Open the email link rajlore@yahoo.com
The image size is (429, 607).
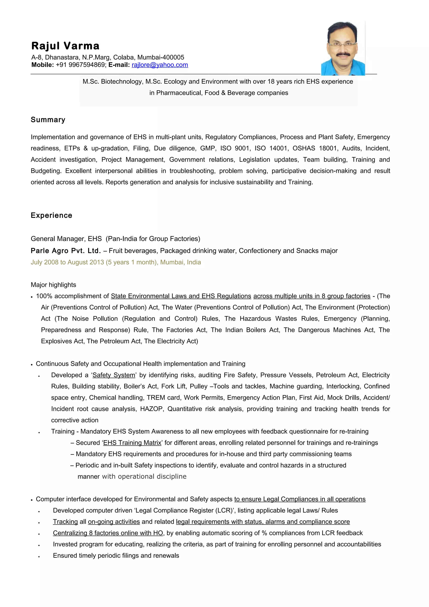click(x=160, y=65)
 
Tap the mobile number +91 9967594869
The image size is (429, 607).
click(x=80, y=65)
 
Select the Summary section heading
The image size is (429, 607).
click(x=48, y=120)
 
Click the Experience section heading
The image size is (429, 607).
click(x=51, y=216)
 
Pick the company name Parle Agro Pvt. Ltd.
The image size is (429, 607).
click(x=66, y=251)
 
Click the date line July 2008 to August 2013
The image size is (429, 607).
click(x=115, y=262)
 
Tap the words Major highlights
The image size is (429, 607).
click(x=53, y=285)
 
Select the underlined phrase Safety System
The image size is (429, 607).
click(x=114, y=375)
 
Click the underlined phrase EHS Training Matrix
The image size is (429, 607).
click(x=132, y=443)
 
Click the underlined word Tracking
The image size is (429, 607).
click(x=65, y=522)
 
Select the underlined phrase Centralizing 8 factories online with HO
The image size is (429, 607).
click(x=108, y=533)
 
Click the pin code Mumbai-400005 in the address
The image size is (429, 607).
click(x=161, y=57)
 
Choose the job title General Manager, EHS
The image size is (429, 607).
click(x=66, y=239)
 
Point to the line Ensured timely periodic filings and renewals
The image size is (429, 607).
click(x=116, y=555)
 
